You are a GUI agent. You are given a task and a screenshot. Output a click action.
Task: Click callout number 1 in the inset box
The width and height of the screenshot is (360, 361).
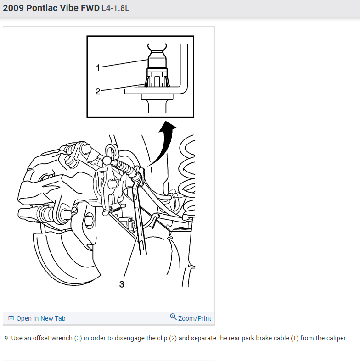point(98,68)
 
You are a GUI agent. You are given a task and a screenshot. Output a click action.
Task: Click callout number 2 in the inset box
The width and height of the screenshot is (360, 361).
point(98,91)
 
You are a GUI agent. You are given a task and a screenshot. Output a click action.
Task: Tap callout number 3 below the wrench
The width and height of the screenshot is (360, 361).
point(122,284)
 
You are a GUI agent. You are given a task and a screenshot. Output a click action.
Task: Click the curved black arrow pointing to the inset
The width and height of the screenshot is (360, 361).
point(165,143)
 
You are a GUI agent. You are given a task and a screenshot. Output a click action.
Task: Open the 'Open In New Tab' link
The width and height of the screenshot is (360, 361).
point(41,318)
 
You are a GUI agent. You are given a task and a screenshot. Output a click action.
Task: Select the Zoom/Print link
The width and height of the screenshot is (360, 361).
point(195,318)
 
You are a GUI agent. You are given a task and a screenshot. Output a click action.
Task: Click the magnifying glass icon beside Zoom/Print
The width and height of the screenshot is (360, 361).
point(173,317)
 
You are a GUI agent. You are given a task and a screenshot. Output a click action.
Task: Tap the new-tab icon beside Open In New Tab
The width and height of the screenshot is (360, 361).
point(11,318)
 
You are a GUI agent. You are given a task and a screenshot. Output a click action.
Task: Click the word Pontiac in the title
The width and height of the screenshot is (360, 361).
point(42,8)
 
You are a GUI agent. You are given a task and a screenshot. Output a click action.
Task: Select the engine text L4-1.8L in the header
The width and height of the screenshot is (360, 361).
point(115,8)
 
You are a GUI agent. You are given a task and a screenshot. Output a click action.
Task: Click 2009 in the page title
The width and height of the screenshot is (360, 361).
point(13,8)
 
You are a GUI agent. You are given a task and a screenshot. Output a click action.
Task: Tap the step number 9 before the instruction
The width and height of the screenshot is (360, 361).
point(7,338)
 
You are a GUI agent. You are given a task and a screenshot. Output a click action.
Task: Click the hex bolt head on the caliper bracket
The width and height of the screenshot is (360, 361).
point(89,220)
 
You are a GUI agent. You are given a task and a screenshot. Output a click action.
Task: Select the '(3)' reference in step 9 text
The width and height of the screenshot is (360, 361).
point(78,338)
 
